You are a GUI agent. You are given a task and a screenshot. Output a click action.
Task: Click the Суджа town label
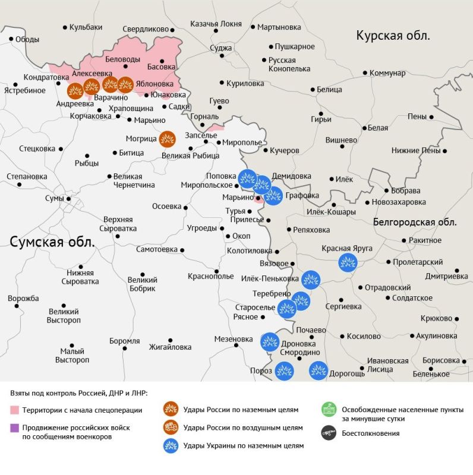click(x=221, y=48)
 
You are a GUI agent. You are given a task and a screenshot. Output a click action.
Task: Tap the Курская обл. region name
click(x=393, y=36)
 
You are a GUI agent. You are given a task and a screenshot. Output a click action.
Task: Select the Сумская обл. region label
click(x=52, y=241)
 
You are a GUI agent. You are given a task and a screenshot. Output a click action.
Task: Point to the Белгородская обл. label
click(x=415, y=222)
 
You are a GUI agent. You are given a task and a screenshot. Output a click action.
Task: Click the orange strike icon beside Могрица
click(x=168, y=139)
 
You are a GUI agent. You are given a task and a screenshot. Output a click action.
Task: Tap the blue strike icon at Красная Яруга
click(x=348, y=262)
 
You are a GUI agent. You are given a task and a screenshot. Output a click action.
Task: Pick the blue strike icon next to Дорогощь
click(x=319, y=370)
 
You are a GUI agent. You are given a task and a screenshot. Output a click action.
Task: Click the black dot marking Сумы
click(x=69, y=199)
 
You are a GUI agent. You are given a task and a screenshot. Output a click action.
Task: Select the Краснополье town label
click(x=210, y=276)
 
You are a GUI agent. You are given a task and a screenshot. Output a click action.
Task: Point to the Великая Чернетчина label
click(x=134, y=180)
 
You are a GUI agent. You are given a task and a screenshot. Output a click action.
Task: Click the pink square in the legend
click(x=15, y=410)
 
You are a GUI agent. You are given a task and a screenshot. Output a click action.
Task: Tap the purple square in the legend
click(x=15, y=427)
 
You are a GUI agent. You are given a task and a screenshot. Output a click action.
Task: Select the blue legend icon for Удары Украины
click(x=171, y=445)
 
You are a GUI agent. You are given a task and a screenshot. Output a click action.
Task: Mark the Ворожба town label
click(x=23, y=298)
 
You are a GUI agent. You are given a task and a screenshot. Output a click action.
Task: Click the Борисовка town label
click(x=440, y=360)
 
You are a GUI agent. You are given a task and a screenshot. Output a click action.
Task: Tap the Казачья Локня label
click(x=216, y=24)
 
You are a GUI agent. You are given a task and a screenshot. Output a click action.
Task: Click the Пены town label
click(x=417, y=116)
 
